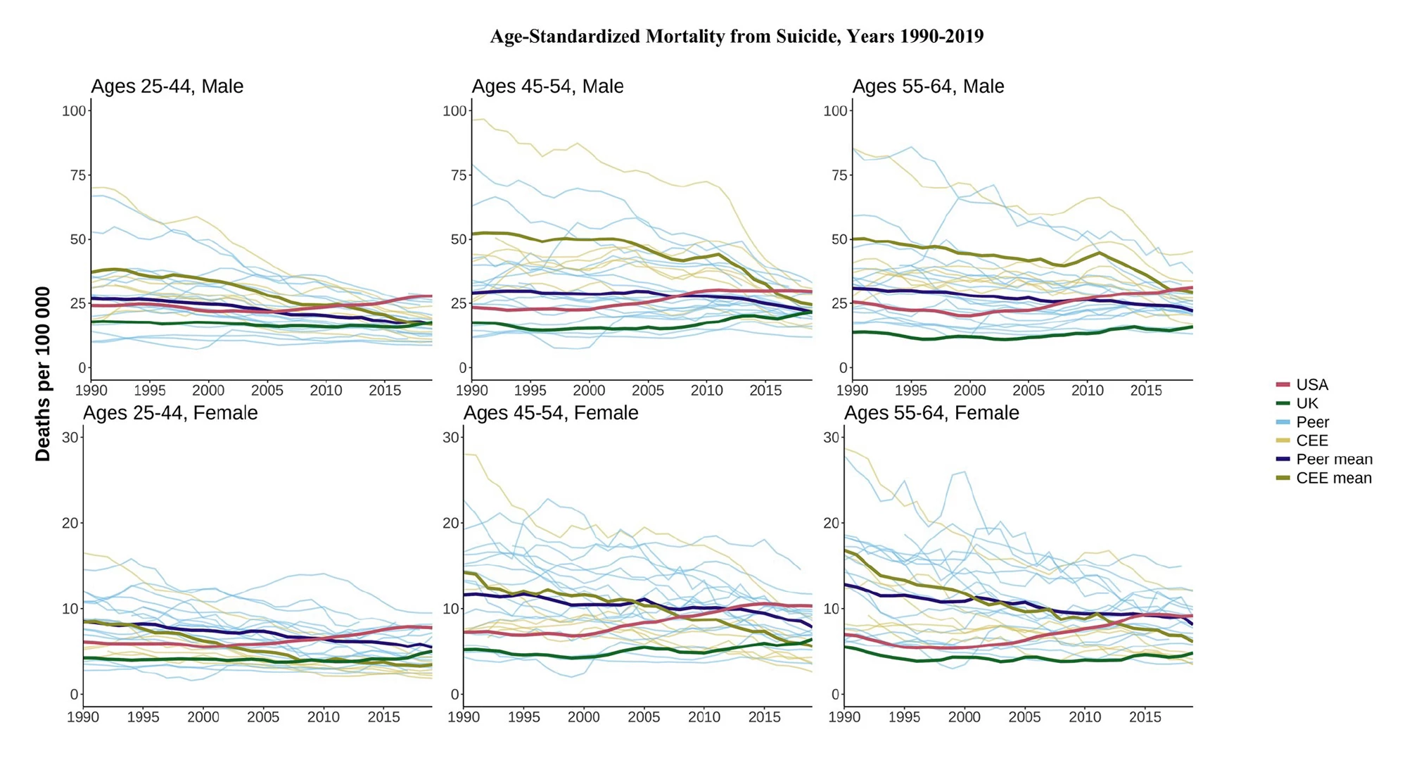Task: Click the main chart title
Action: click(737, 37)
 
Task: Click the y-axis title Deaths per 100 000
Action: click(44, 374)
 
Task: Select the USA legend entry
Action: click(1311, 385)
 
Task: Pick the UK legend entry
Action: click(1306, 403)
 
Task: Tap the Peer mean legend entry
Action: click(1333, 460)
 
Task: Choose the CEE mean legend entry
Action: click(1333, 479)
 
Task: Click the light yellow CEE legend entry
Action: click(1311, 441)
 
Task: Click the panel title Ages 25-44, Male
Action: click(167, 87)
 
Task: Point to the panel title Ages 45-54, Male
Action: click(547, 87)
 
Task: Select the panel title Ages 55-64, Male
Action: click(928, 87)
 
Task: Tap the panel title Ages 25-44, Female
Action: click(170, 413)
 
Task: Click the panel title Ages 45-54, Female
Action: click(551, 413)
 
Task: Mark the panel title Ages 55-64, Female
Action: click(931, 413)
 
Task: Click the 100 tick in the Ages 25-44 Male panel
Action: click(74, 111)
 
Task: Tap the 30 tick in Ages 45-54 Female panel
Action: click(450, 438)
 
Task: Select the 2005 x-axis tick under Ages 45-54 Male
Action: click(647, 391)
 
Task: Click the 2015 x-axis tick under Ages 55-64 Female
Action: click(1145, 717)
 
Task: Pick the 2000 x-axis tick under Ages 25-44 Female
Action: click(203, 717)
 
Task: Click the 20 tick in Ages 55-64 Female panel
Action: click(831, 524)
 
